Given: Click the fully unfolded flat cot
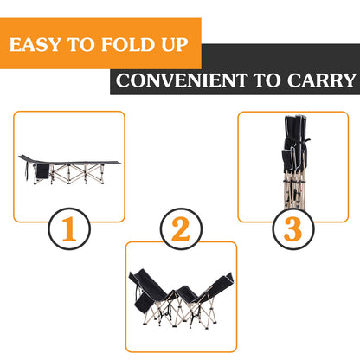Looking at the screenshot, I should pos(69,164).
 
